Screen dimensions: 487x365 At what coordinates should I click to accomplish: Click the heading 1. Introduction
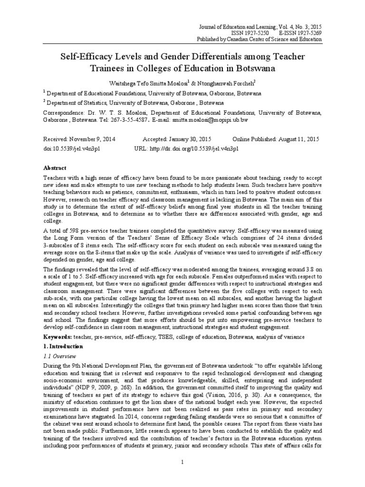[64, 346]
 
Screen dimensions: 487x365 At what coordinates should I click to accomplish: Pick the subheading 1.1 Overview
[60, 356]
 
